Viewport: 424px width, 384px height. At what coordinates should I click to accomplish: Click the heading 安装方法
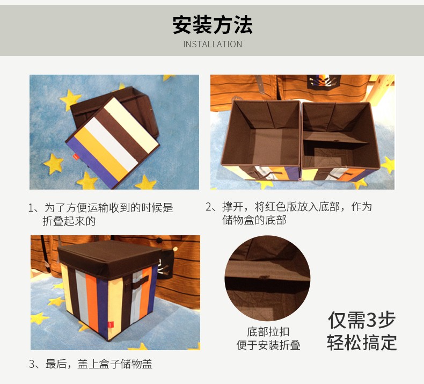point(213,25)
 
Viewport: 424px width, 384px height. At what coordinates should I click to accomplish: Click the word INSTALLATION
point(213,44)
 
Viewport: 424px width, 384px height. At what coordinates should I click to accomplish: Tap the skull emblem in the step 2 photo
point(324,81)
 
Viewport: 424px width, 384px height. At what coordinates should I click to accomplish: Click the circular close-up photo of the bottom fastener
point(267,278)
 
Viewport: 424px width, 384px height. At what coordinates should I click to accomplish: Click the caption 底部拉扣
point(268,332)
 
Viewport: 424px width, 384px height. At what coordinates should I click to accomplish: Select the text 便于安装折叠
point(268,345)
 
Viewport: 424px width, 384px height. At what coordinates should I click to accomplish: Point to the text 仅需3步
point(362,320)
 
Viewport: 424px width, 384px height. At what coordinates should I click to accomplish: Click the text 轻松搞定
point(362,342)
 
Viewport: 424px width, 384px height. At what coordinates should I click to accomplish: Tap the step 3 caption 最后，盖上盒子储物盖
point(91,364)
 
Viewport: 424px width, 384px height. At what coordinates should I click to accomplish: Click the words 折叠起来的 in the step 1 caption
point(69,221)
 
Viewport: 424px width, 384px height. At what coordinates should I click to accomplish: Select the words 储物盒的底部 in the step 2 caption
point(254,220)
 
